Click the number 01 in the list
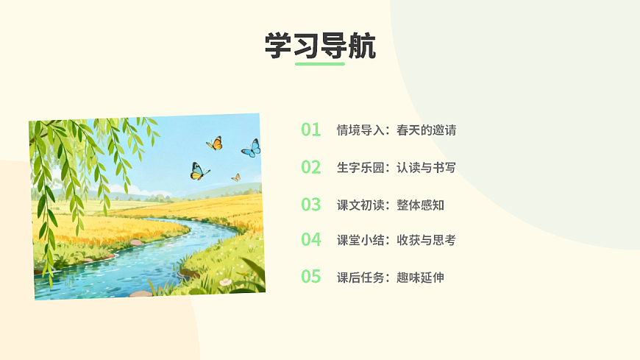[311, 130]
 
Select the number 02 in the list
[311, 167]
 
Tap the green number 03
[311, 205]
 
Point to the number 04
[311, 240]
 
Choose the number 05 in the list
[311, 278]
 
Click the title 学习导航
[320, 46]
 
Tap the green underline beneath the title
[320, 64]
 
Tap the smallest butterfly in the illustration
[236, 177]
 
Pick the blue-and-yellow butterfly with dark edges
[199, 172]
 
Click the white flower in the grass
[225, 282]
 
